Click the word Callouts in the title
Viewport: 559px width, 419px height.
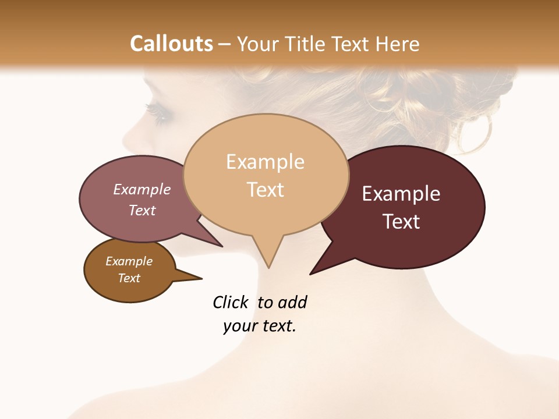pyautogui.click(x=171, y=44)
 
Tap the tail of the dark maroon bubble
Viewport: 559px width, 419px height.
pyautogui.click(x=320, y=265)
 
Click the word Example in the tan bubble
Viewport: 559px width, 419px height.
pyautogui.click(x=265, y=162)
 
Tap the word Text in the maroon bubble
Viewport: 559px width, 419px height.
pyautogui.click(x=401, y=221)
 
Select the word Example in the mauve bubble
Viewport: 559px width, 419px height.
pyautogui.click(x=142, y=189)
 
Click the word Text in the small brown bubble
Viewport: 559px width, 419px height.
pyautogui.click(x=129, y=278)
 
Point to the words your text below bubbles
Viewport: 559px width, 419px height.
pyautogui.click(x=260, y=326)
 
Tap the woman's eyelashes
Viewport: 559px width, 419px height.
pyautogui.click(x=156, y=111)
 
